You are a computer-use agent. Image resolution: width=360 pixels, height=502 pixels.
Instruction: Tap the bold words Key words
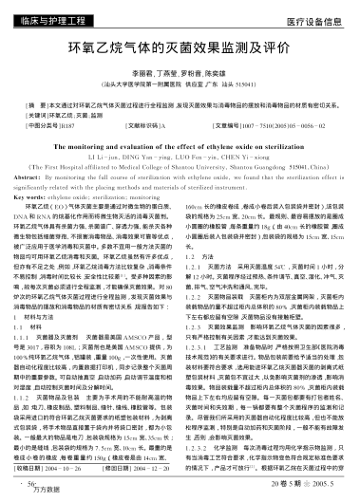pos(46,197)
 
